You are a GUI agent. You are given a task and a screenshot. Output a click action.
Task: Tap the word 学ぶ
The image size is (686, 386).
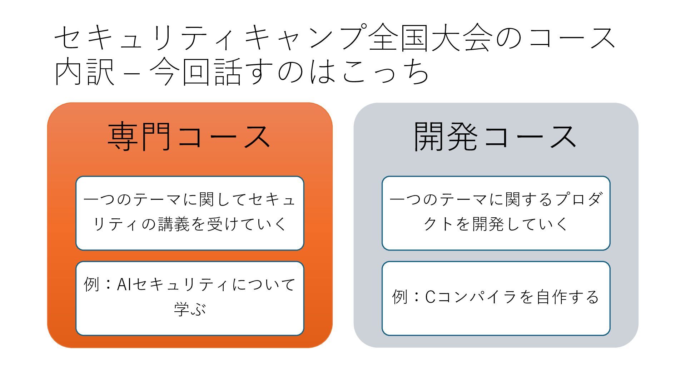tap(190, 308)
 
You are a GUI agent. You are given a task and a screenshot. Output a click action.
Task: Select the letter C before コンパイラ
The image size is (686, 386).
tap(430, 297)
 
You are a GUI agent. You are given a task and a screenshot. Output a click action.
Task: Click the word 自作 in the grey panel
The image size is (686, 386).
tap(552, 297)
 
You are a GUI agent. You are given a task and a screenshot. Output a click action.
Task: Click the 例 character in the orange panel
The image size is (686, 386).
tap(91, 284)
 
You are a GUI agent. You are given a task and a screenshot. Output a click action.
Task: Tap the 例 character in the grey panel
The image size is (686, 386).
tap(400, 297)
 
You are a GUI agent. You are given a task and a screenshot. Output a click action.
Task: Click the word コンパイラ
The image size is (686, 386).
tap(476, 297)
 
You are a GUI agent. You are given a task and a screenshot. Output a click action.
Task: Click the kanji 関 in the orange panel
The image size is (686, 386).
tap(207, 199)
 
